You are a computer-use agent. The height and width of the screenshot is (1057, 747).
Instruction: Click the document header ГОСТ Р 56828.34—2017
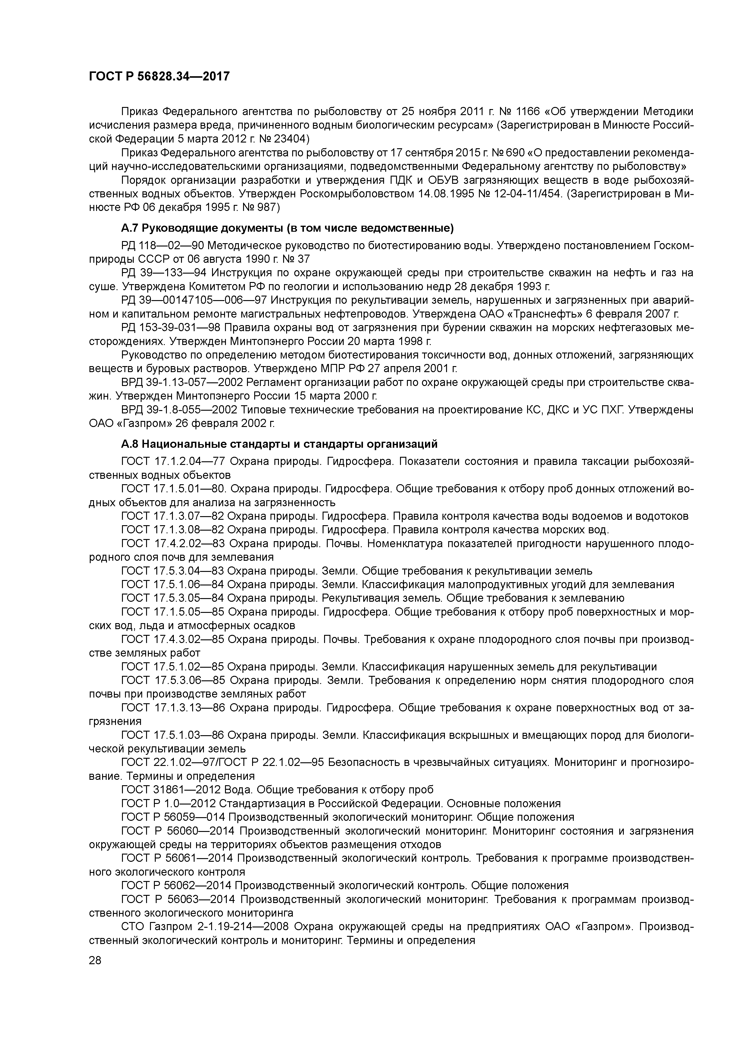coord(159,77)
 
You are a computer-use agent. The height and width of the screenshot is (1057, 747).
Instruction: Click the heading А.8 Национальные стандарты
coord(279,444)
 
